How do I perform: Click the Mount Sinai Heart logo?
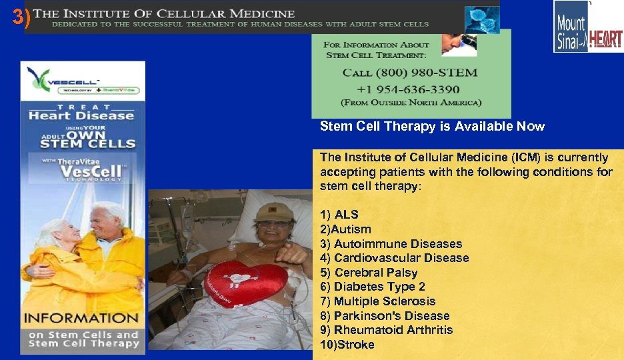tap(588, 26)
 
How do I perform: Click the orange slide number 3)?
tap(21, 19)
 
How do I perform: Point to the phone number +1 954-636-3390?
tap(408, 89)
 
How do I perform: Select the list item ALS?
tap(346, 215)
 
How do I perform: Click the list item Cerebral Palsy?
tap(375, 273)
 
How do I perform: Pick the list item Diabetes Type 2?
tap(379, 287)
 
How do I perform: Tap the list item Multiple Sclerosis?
tap(384, 301)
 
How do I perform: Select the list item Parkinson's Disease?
tap(391, 316)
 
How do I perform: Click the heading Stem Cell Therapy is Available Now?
tap(432, 127)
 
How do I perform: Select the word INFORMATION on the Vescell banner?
tap(82, 318)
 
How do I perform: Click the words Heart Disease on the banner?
tap(81, 115)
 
